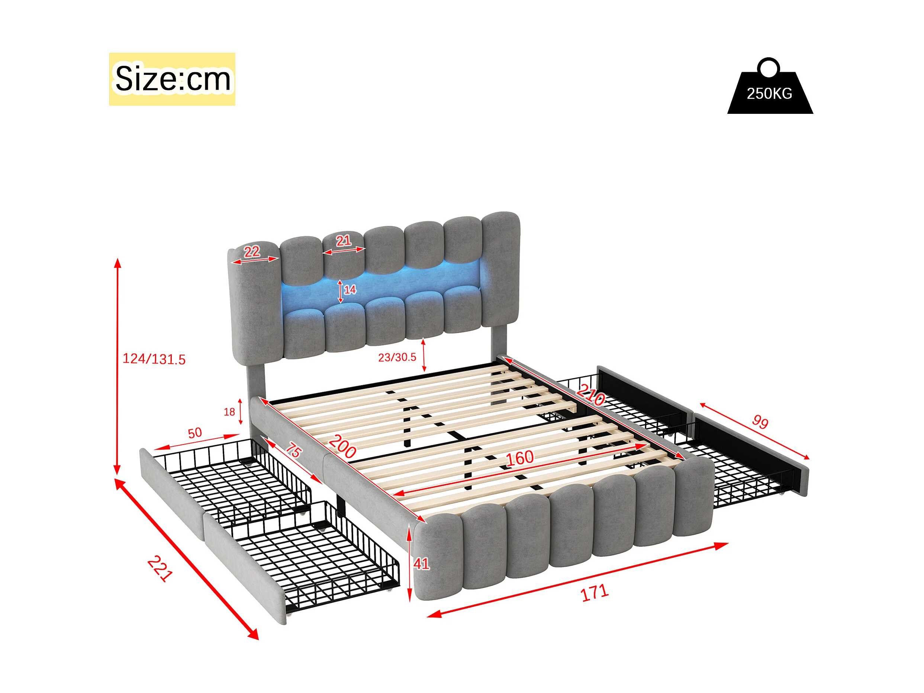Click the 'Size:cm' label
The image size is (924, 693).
[172, 78]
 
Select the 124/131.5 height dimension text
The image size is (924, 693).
[154, 359]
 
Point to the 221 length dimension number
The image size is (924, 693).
[160, 568]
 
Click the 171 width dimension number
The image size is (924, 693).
[595, 593]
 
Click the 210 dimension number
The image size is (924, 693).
[591, 395]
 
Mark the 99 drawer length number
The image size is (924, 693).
[760, 422]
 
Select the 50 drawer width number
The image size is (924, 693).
[195, 433]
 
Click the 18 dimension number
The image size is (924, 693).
[229, 412]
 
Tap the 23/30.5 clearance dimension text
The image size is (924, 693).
[397, 357]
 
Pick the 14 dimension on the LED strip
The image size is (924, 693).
[350, 290]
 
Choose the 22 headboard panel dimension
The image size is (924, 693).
[252, 251]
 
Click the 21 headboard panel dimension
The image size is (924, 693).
[343, 241]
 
